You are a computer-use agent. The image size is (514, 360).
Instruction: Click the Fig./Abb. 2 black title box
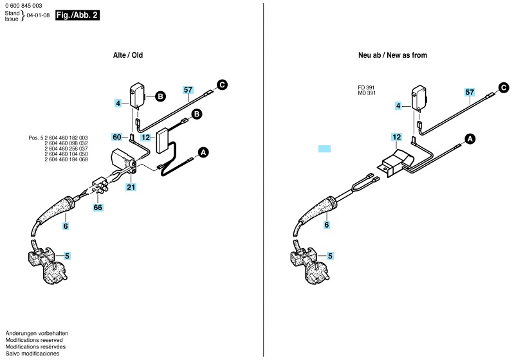pyautogui.click(x=77, y=15)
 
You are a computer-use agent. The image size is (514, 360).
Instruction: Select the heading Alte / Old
pyautogui.click(x=128, y=55)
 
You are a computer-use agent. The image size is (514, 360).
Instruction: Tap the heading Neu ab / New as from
pyautogui.click(x=392, y=55)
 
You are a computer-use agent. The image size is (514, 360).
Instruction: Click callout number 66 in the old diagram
pyautogui.click(x=98, y=208)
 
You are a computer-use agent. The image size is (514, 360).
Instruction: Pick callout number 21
pyautogui.click(x=131, y=187)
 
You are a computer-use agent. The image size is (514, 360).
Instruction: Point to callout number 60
pyautogui.click(x=116, y=137)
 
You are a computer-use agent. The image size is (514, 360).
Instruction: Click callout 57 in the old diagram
pyautogui.click(x=188, y=90)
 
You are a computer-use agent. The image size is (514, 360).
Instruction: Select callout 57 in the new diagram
pyautogui.click(x=470, y=92)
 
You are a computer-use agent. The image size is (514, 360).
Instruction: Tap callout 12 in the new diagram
pyautogui.click(x=396, y=137)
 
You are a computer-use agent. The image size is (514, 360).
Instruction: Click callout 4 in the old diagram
pyautogui.click(x=118, y=104)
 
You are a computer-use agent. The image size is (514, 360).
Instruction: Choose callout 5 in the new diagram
pyautogui.click(x=330, y=256)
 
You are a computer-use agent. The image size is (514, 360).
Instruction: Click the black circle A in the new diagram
pyautogui.click(x=470, y=139)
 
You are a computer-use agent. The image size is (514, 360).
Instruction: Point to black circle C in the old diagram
pyautogui.click(x=222, y=85)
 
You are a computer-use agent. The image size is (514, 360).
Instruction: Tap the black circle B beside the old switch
pyautogui.click(x=160, y=96)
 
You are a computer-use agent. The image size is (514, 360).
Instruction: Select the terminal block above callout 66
pyautogui.click(x=100, y=186)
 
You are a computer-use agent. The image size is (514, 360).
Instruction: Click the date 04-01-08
pyautogui.click(x=38, y=15)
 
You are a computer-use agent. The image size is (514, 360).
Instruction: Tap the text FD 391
pyautogui.click(x=366, y=87)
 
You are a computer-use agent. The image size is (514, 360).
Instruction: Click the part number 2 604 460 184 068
pyautogui.click(x=66, y=159)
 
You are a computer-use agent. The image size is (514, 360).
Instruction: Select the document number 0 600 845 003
pyautogui.click(x=24, y=6)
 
